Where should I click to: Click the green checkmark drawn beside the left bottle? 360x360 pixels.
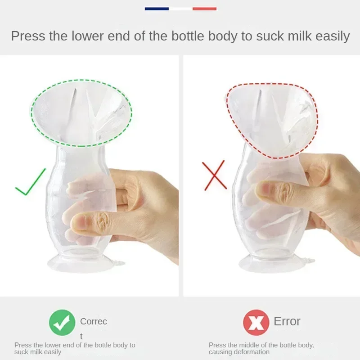pyautogui.click(x=30, y=183)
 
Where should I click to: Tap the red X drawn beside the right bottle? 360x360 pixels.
pyautogui.click(x=214, y=175)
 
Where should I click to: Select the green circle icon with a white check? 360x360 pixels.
pyautogui.click(x=62, y=322)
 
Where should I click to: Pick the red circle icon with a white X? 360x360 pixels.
pyautogui.click(x=256, y=322)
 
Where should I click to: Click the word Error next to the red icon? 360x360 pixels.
pyautogui.click(x=287, y=321)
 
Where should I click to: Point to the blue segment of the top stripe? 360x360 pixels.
pyautogui.click(x=157, y=9)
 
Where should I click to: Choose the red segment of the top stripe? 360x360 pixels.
pyautogui.click(x=204, y=9)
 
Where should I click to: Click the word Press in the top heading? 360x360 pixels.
pyautogui.click(x=28, y=36)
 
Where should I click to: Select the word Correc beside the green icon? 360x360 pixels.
pyautogui.click(x=94, y=321)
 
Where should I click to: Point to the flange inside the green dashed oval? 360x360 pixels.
pyautogui.click(x=81, y=112)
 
